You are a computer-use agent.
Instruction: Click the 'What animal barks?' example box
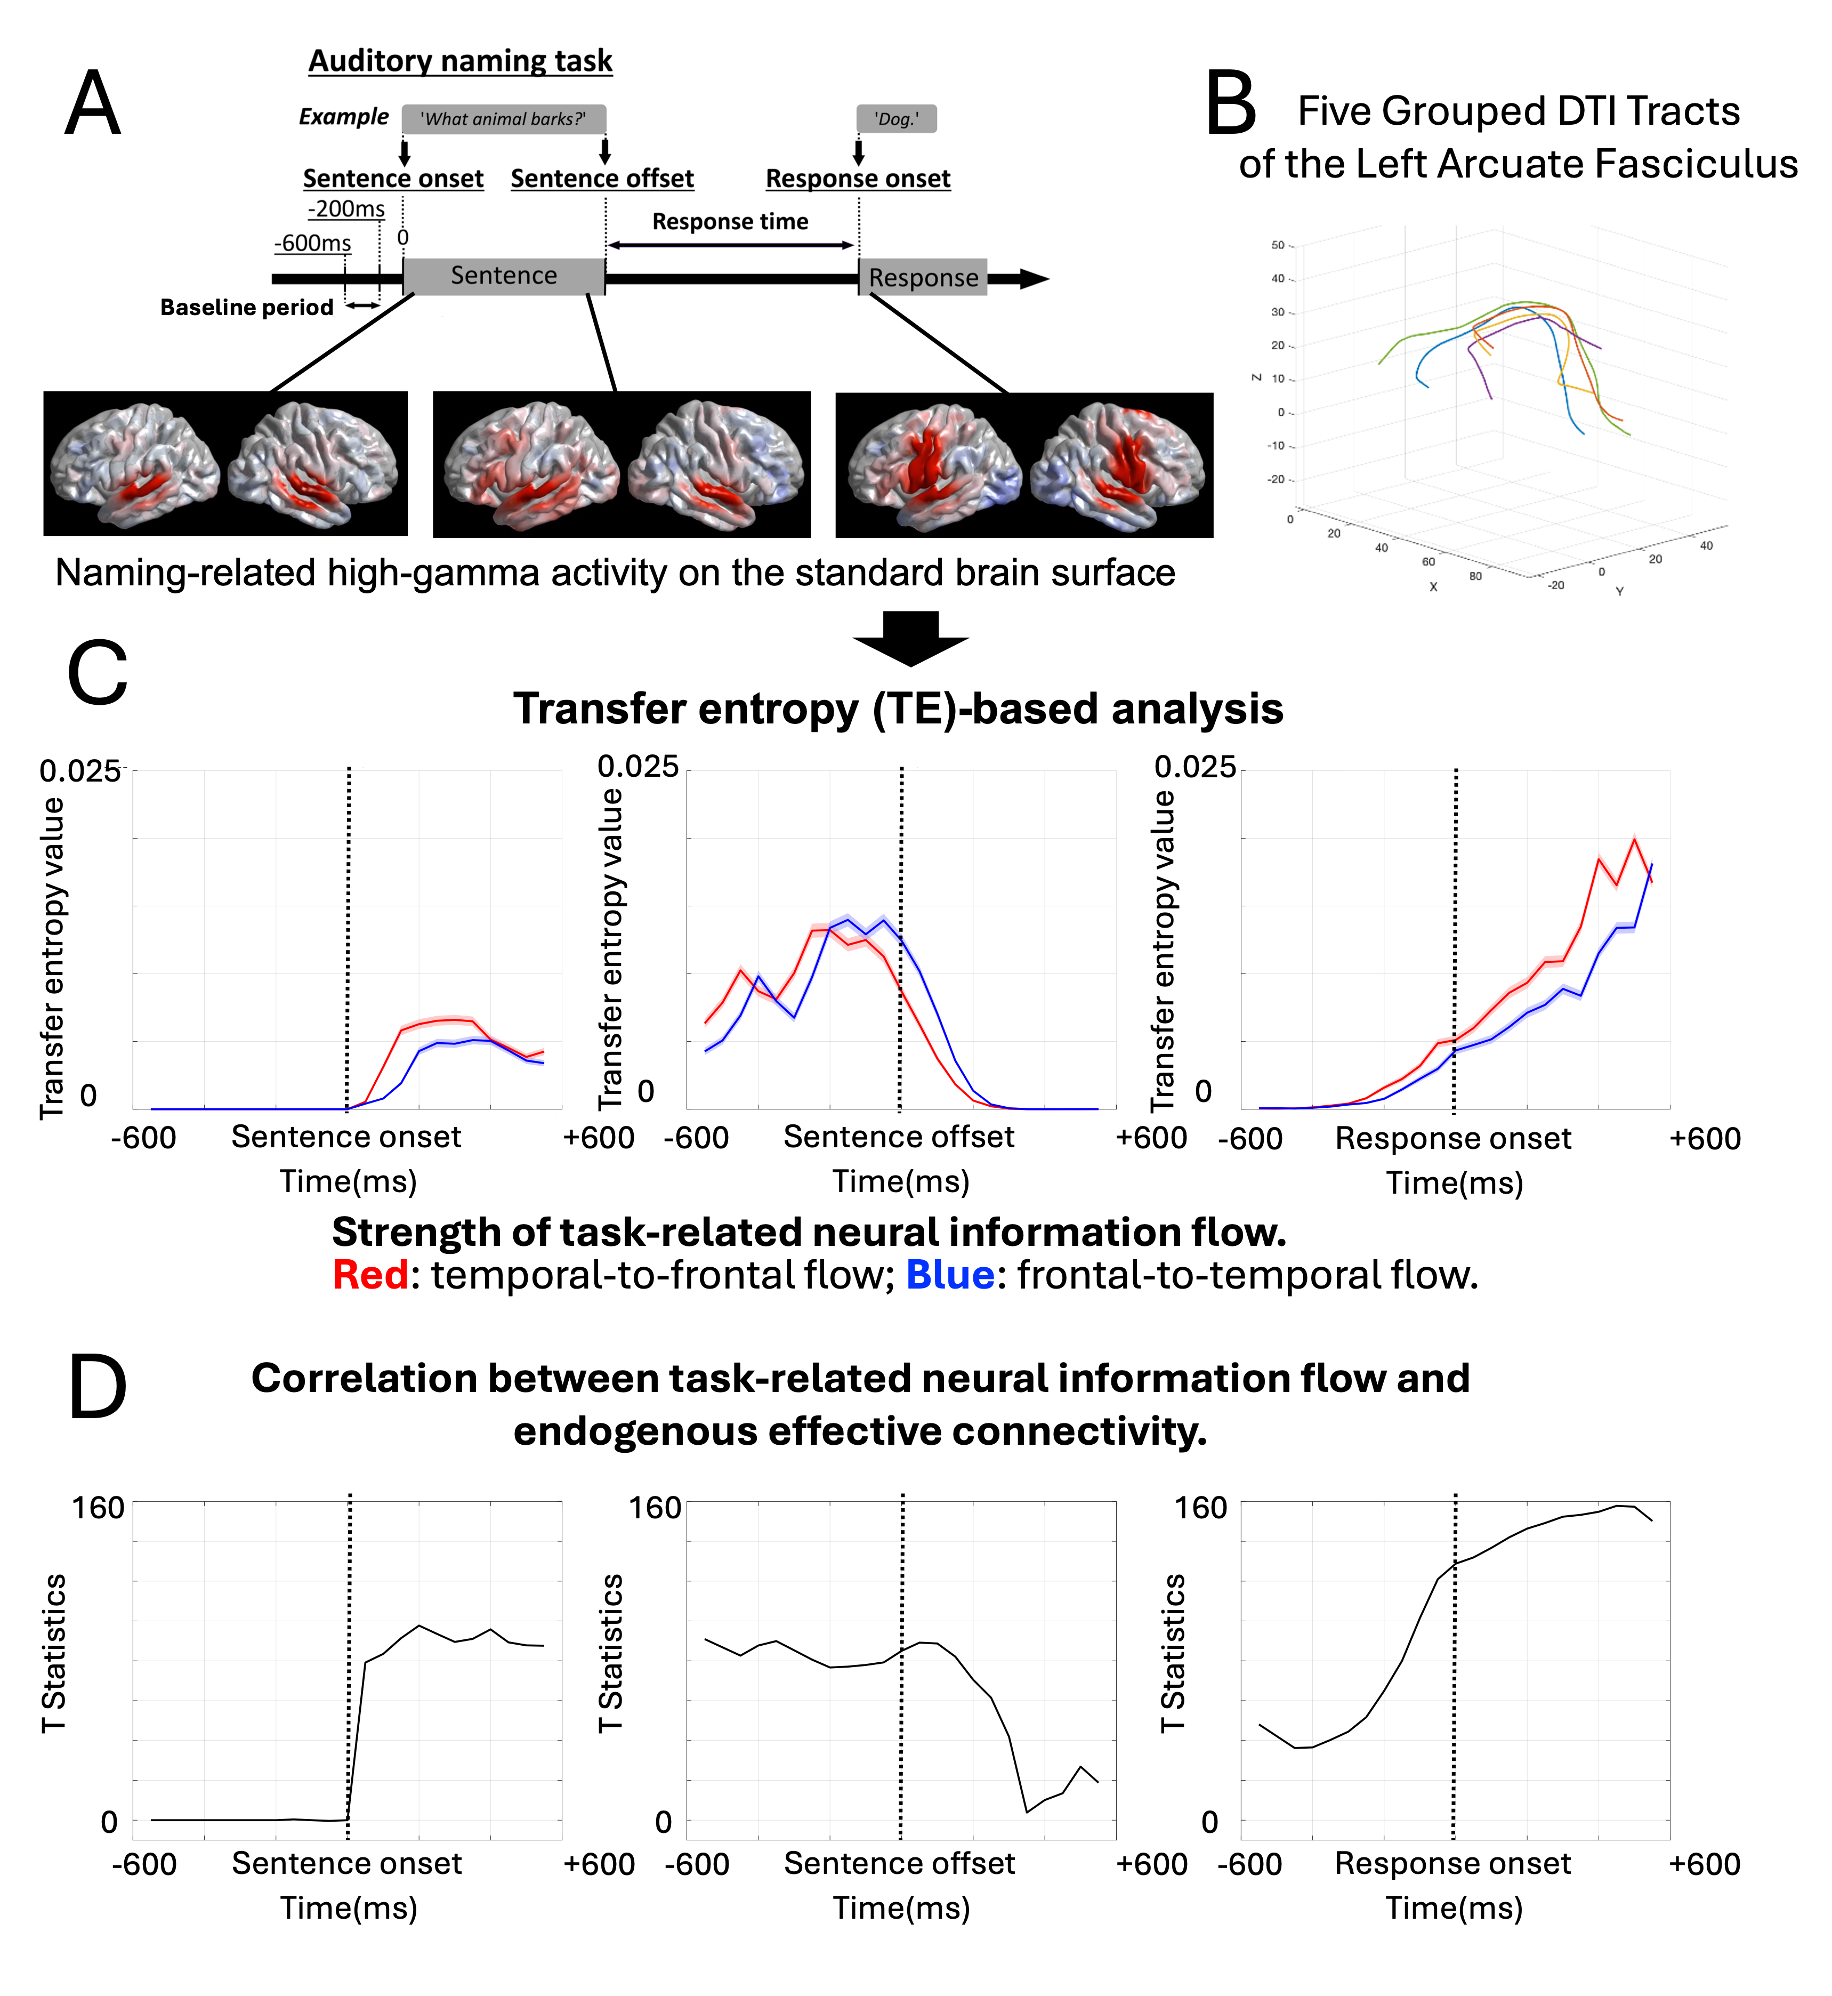pyautogui.click(x=504, y=119)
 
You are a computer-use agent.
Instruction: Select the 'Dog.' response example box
pyautogui.click(x=896, y=119)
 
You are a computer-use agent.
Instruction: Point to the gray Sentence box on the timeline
pyautogui.click(x=504, y=276)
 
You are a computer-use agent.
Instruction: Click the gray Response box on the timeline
pyautogui.click(x=923, y=278)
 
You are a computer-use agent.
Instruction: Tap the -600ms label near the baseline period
pyautogui.click(x=312, y=243)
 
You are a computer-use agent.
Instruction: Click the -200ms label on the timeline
pyautogui.click(x=346, y=208)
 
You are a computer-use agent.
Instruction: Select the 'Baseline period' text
pyautogui.click(x=247, y=308)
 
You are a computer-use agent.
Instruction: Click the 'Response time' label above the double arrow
pyautogui.click(x=730, y=221)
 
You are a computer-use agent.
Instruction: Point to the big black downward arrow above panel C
pyautogui.click(x=910, y=638)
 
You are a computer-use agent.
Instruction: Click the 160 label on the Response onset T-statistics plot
pyautogui.click(x=1200, y=1508)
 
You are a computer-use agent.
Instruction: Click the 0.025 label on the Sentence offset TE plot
pyautogui.click(x=637, y=767)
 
